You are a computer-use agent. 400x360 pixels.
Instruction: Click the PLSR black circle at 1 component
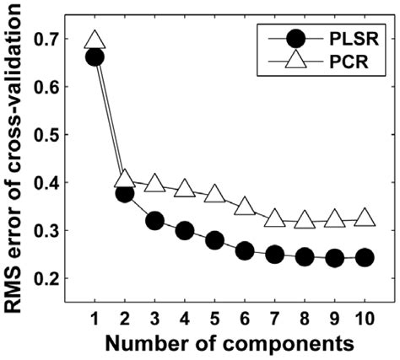[x=95, y=56]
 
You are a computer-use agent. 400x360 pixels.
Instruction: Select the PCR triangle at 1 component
[x=95, y=40]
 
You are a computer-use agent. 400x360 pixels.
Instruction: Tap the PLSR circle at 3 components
[x=154, y=221]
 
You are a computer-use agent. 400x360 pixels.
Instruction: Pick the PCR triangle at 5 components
[x=215, y=194]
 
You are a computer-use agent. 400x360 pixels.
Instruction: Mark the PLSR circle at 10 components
[x=365, y=257]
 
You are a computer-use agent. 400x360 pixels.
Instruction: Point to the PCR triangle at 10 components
[x=365, y=218]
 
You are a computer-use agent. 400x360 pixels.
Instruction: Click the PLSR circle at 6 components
[x=245, y=250]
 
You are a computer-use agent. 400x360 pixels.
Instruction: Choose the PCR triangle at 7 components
[x=275, y=218]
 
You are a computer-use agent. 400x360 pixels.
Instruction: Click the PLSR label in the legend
[x=349, y=39]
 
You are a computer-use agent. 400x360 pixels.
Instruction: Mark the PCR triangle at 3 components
[x=154, y=183]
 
